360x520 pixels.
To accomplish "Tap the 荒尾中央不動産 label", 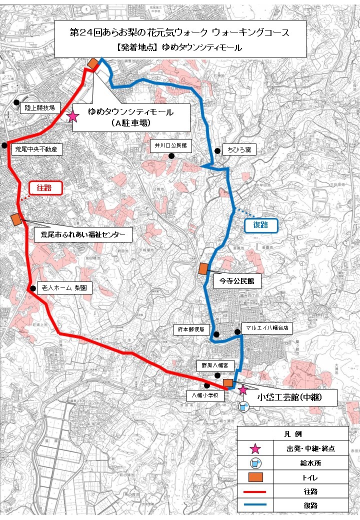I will pyautogui.click(x=36, y=149).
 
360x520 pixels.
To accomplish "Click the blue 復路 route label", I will pyautogui.click(x=260, y=225).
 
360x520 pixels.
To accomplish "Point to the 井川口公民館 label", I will pyautogui.click(x=170, y=145).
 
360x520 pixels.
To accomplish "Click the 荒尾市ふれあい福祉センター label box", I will pyautogui.click(x=83, y=234).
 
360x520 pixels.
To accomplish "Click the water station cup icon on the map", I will pyautogui.click(x=244, y=406).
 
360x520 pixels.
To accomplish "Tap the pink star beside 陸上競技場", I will pyautogui.click(x=73, y=116).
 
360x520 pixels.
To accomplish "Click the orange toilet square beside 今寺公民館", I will pyautogui.click(x=203, y=268).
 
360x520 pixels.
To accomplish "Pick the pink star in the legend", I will pyautogui.click(x=255, y=448).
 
